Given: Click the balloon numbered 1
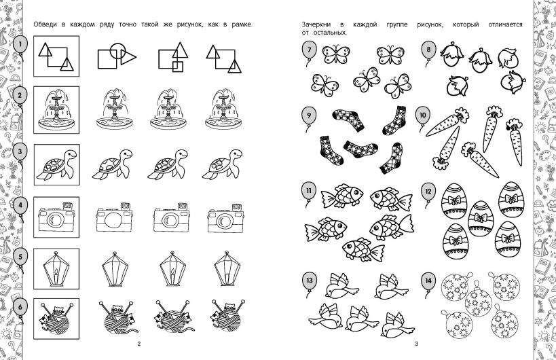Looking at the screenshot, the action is pyautogui.click(x=20, y=45).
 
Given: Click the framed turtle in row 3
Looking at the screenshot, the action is pyautogui.click(x=56, y=164).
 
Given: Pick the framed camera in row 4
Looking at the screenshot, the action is pyautogui.click(x=56, y=217).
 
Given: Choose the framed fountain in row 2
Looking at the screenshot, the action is pyautogui.click(x=56, y=110).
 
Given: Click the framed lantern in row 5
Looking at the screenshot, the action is pyautogui.click(x=56, y=268).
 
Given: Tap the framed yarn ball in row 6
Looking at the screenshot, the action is pyautogui.click(x=56, y=319).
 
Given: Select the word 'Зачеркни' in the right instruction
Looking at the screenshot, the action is pyautogui.click(x=316, y=24).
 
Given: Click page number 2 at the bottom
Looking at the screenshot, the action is pyautogui.click(x=139, y=344).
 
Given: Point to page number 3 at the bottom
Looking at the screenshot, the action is pyautogui.click(x=417, y=344).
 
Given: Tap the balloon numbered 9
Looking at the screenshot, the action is pyautogui.click(x=309, y=116).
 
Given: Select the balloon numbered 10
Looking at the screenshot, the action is pyautogui.click(x=423, y=116).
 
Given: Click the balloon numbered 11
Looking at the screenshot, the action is pyautogui.click(x=308, y=192).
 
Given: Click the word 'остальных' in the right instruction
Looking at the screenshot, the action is pyautogui.click(x=330, y=33).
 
